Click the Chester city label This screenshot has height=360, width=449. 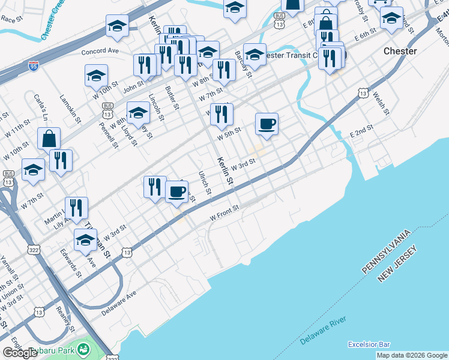tap(400, 51)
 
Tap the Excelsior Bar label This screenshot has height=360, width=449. tap(369, 344)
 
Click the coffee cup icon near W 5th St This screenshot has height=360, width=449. tap(267, 124)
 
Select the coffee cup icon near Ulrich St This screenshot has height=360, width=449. tap(176, 192)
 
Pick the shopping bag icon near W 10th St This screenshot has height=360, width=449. tap(49, 139)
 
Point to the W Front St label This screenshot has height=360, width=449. tap(224, 212)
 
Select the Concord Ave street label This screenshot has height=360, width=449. tap(100, 52)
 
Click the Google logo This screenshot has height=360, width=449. tap(20, 353)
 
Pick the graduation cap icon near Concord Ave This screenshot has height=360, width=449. tap(117, 25)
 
